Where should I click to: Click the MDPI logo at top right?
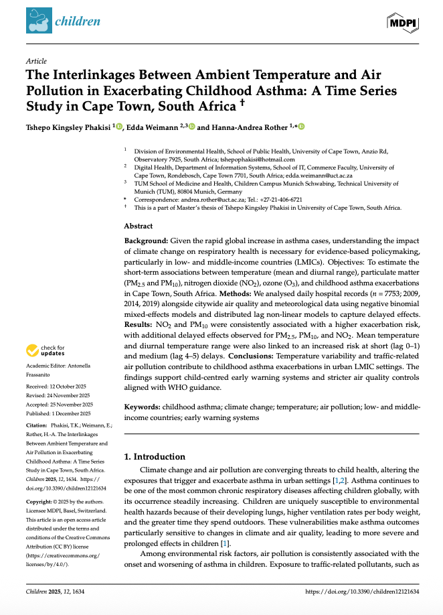(402, 22)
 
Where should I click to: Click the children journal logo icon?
(38, 21)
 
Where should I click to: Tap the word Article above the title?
(35, 61)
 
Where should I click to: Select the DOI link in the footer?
(361, 592)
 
